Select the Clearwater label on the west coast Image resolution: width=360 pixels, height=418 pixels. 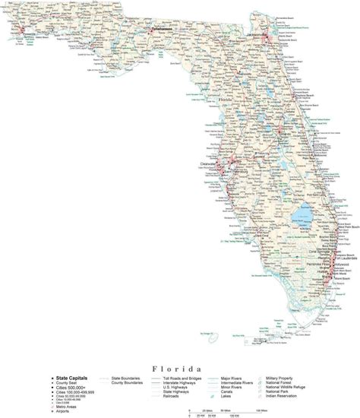[208, 161]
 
